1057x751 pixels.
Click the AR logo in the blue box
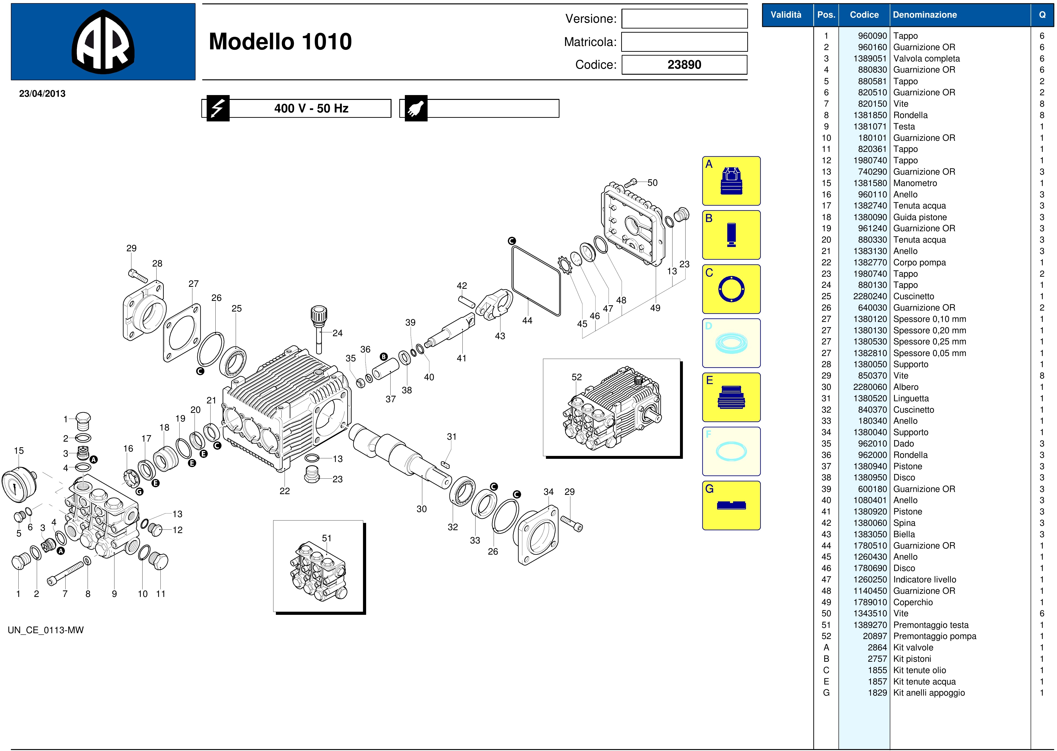pos(103,42)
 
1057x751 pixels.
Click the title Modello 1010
pos(280,42)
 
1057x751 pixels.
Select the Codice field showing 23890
pos(684,65)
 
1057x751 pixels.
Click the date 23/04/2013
pos(42,93)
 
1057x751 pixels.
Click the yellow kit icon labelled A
pos(731,181)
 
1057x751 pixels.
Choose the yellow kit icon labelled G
pos(731,506)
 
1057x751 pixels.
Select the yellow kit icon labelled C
pos(731,289)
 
